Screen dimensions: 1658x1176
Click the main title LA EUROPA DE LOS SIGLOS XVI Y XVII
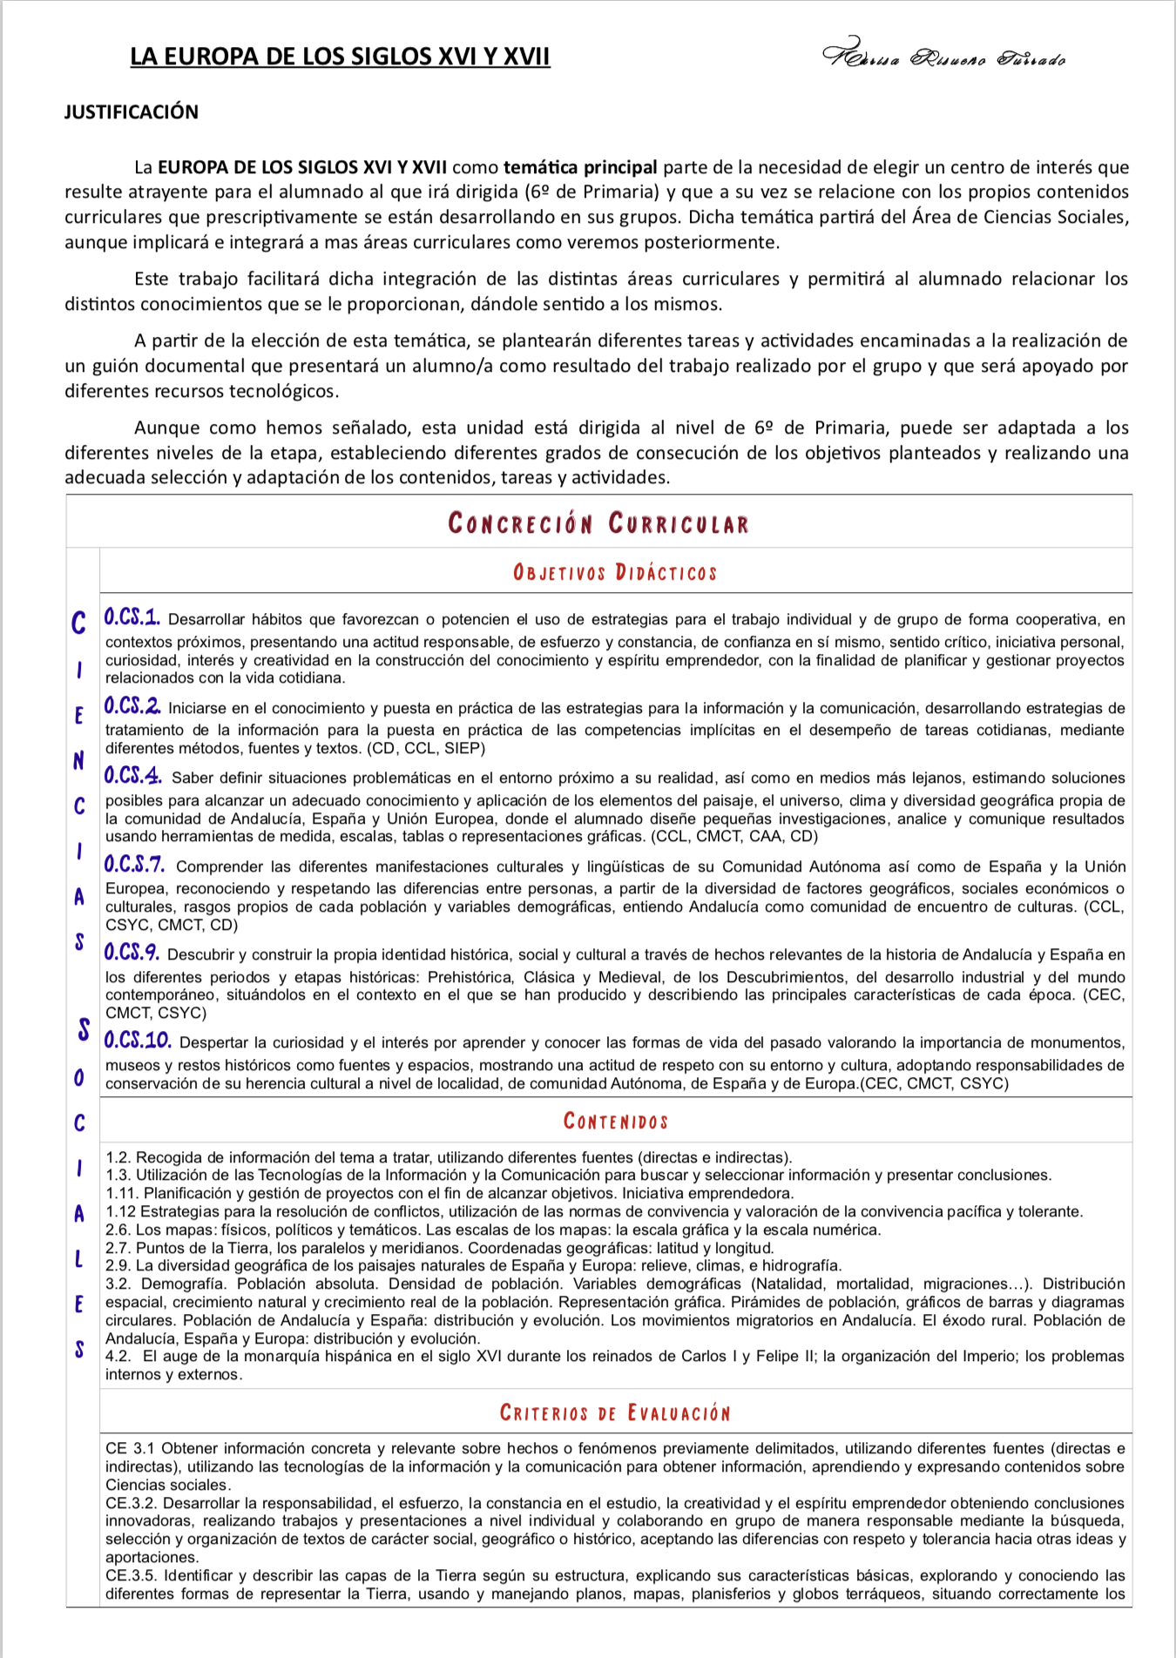coord(340,57)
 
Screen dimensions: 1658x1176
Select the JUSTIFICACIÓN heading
coord(132,112)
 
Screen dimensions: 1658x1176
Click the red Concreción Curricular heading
coord(598,523)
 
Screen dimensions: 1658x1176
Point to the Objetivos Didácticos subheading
coord(615,572)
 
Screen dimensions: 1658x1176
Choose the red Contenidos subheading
coord(615,1121)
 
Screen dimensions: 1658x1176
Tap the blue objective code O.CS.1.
coord(132,618)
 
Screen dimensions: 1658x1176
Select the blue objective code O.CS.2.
coord(132,706)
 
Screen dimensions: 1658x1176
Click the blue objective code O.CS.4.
coord(133,776)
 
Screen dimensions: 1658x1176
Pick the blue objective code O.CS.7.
coord(135,865)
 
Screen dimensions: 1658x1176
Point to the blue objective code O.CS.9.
coord(132,954)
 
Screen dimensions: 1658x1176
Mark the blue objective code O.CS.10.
coord(138,1041)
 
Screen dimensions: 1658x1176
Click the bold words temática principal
coord(580,167)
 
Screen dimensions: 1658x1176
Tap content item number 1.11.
coord(121,1193)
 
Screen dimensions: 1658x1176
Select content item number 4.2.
coord(118,1356)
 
